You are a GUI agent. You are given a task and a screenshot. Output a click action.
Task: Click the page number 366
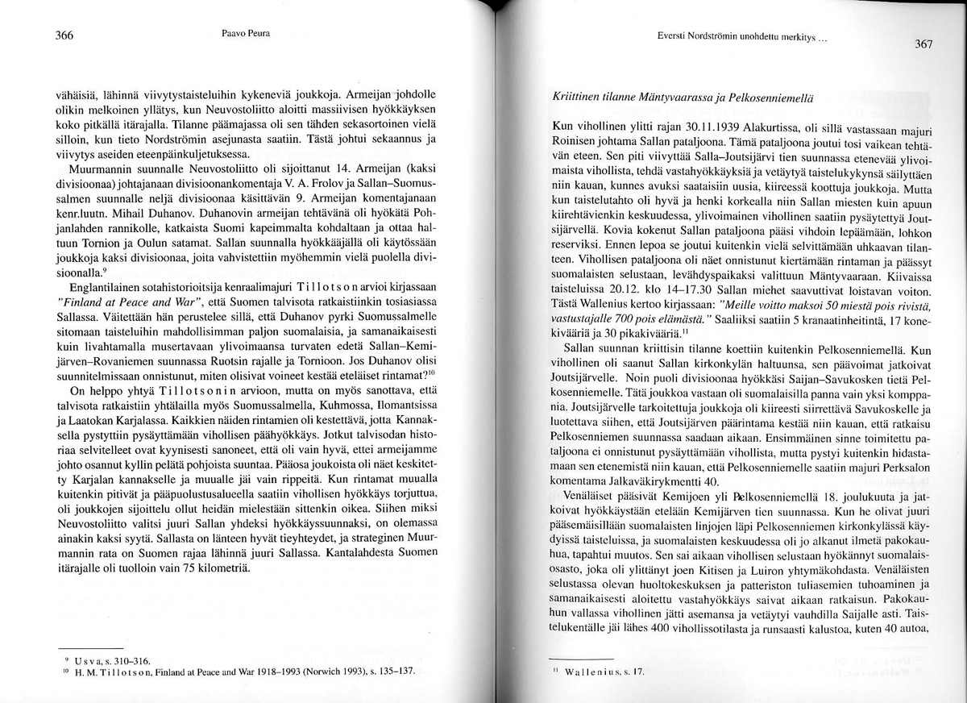[x=64, y=35]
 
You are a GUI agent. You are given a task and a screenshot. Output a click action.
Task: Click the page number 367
[x=923, y=44]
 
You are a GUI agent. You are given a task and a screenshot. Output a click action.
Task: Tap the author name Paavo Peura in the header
[x=245, y=35]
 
